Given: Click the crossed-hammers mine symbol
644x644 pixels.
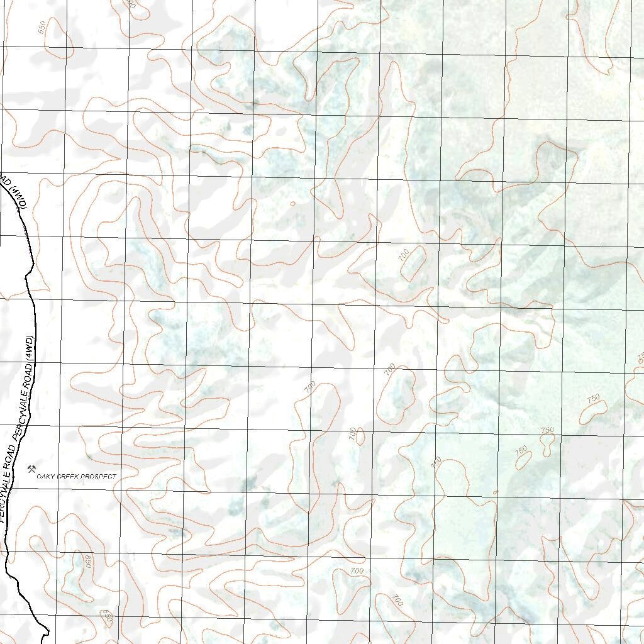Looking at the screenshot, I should pyautogui.click(x=31, y=469).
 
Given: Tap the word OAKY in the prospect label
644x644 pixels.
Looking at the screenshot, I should pyautogui.click(x=46, y=477).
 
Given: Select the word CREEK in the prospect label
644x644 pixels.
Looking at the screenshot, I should pyautogui.click(x=70, y=477).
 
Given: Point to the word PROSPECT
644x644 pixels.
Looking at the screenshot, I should pyautogui.click(x=100, y=477).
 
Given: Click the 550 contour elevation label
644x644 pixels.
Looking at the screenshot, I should pyautogui.click(x=43, y=27).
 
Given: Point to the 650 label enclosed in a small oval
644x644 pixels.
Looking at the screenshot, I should pyautogui.click(x=87, y=562).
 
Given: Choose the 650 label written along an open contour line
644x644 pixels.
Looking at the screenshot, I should pyautogui.click(x=107, y=617).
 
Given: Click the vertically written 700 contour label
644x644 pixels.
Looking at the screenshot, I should pyautogui.click(x=352, y=433).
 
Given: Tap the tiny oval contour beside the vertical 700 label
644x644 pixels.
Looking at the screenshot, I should pyautogui.click(x=360, y=435).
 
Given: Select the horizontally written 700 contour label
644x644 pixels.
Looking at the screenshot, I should pyautogui.click(x=357, y=571).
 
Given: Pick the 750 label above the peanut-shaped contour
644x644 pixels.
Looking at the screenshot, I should pyautogui.click(x=547, y=430).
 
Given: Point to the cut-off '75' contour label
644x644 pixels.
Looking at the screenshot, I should pyautogui.click(x=640, y=357).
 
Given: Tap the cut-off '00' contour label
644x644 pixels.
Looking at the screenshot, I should pyautogui.click(x=130, y=3).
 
